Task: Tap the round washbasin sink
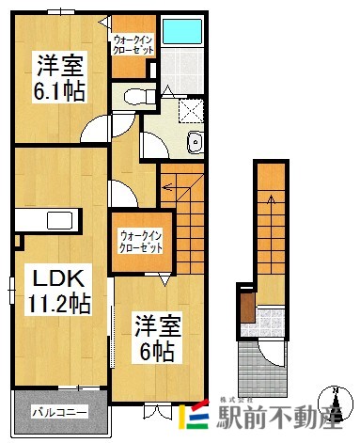[195, 143]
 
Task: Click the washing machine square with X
[191, 110]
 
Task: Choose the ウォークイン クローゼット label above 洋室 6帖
[140, 242]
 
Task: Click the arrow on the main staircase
[171, 188]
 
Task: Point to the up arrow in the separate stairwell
[268, 207]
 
